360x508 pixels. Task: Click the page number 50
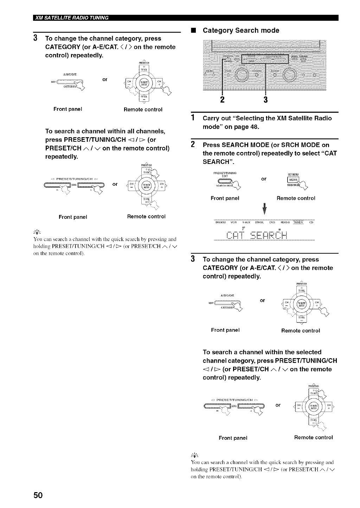38,495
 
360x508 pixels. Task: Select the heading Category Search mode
241,31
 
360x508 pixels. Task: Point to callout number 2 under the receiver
222,100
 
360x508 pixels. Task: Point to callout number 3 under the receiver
265,100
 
